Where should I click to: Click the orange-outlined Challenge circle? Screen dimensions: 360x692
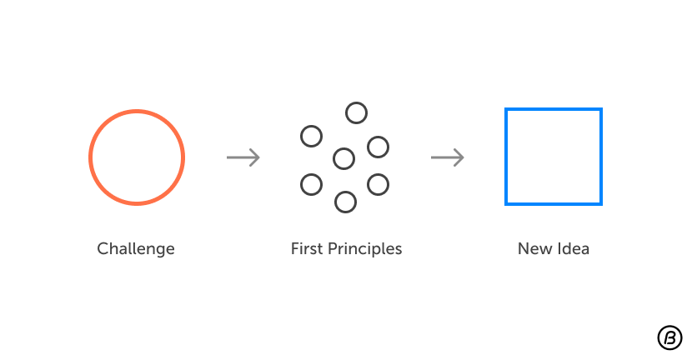(137, 157)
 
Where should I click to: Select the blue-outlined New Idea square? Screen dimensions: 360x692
(553, 157)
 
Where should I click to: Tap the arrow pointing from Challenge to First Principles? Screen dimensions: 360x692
(243, 157)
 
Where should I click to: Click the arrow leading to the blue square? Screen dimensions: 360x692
(448, 157)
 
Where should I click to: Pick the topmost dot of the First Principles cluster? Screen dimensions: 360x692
(356, 112)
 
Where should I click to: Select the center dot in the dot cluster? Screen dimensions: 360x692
(343, 158)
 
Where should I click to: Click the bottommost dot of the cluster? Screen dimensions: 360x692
(345, 202)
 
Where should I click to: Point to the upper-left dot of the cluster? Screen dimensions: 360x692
(311, 136)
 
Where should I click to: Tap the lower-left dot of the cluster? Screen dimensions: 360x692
(311, 184)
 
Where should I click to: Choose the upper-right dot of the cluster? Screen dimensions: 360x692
(378, 147)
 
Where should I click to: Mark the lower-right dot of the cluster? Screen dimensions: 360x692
(378, 184)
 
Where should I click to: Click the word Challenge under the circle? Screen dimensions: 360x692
(136, 248)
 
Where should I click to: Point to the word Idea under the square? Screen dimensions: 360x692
(573, 248)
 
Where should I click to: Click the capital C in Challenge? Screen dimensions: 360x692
(103, 248)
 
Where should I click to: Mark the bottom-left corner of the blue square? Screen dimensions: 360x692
(507, 202)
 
